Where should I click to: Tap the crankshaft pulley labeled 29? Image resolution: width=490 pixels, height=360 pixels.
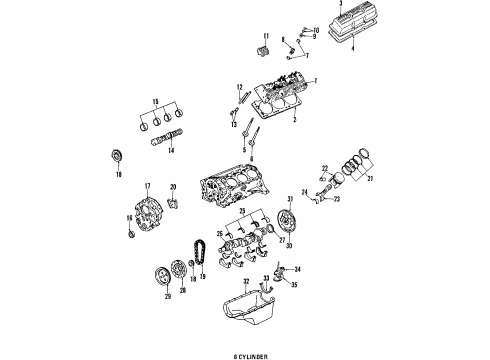coord(154,274)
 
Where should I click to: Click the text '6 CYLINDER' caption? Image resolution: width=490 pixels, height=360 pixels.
coord(245,351)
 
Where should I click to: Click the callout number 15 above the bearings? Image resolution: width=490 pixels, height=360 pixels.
coord(154,102)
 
